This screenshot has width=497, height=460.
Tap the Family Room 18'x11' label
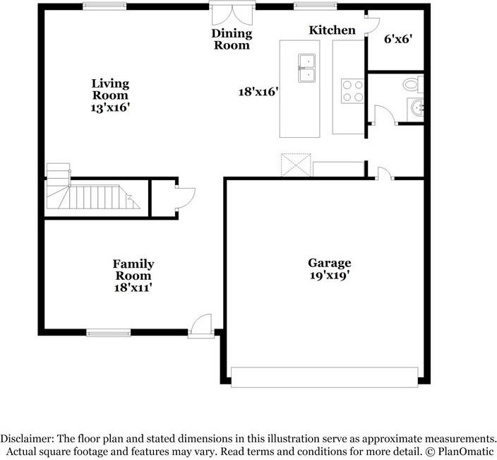133,276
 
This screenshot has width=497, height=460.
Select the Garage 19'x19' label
330,269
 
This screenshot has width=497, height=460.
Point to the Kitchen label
333,30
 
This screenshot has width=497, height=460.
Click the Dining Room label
232,39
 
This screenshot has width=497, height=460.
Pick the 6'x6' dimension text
398,40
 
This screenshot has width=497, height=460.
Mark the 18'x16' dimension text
258,92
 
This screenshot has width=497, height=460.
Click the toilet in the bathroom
413,84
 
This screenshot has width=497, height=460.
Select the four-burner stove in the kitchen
352,90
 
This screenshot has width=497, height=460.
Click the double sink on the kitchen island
307,69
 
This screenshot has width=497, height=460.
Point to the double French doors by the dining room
232,14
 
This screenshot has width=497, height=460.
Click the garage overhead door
325,377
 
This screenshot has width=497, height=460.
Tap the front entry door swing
200,325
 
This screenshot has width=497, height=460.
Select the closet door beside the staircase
185,199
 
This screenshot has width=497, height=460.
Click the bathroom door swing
384,115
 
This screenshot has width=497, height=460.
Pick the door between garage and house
384,174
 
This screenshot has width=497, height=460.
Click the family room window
109,333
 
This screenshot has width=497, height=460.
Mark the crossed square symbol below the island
296,165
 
